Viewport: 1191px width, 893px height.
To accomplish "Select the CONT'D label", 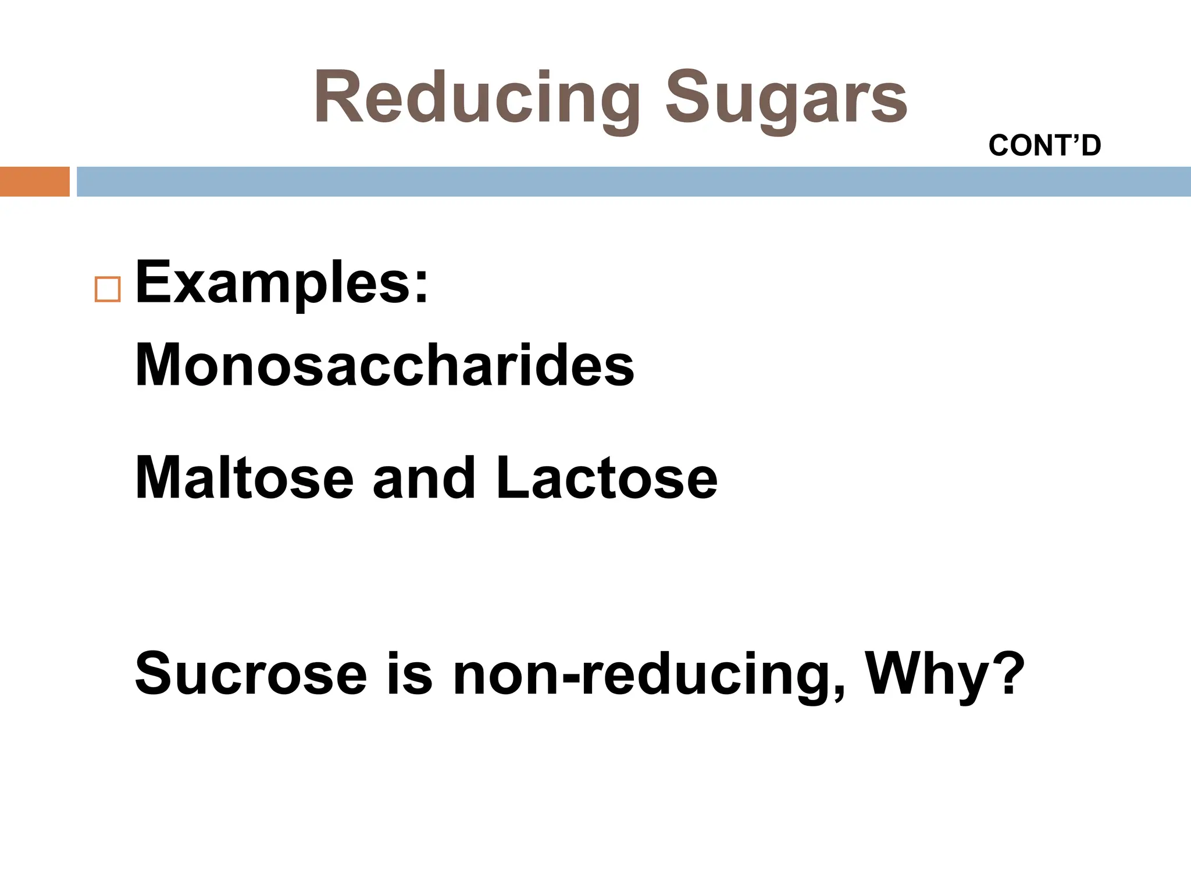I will click(x=1044, y=145).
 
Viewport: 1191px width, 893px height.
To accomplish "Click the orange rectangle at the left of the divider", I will click(x=34, y=181).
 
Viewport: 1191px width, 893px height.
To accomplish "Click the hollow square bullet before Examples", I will click(x=107, y=289).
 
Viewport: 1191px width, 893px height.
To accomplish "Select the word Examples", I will click(x=273, y=283).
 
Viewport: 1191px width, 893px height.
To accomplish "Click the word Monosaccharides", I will click(x=384, y=365).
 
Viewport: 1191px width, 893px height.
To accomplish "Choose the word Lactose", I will click(x=607, y=478).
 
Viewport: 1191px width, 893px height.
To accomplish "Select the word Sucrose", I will click(x=251, y=674).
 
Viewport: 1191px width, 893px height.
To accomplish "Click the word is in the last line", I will click(x=409, y=674).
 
